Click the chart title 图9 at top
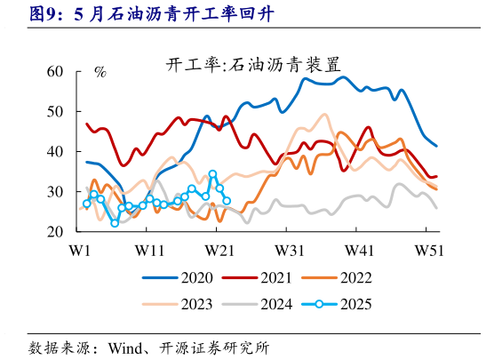coord(124,13)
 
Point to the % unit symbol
coord(100,71)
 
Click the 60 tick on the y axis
coord(54,71)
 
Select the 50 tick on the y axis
coord(54,111)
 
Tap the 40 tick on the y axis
coord(54,152)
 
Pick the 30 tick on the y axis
coord(54,192)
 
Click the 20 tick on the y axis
coord(54,232)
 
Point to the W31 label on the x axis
coord(291,250)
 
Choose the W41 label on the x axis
coord(360,250)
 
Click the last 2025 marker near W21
coord(227,201)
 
